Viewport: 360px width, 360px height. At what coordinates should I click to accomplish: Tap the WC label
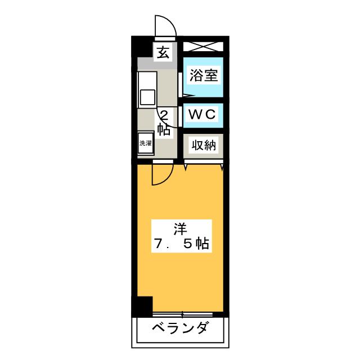tap(202, 114)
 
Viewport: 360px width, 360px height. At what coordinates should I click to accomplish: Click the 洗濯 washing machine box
tap(146, 143)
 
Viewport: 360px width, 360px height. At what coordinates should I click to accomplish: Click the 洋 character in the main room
tap(180, 229)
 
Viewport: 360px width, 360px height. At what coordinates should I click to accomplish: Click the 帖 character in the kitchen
tap(164, 130)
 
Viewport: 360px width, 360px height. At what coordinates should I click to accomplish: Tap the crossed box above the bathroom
tap(203, 47)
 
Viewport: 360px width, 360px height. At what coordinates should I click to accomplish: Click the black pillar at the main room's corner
tap(143, 306)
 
